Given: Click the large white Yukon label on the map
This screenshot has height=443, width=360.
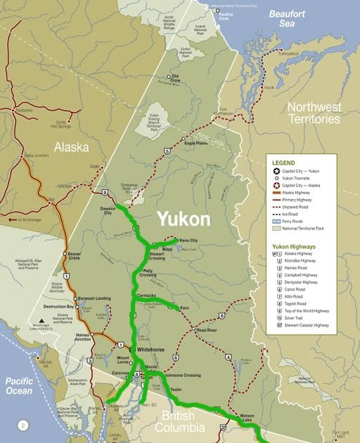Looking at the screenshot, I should tap(183, 219).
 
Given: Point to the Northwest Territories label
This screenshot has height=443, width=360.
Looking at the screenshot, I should tap(314, 113).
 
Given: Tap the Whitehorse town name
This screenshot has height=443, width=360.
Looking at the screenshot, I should tap(150, 349).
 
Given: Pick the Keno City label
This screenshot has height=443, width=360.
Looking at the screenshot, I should tap(188, 240).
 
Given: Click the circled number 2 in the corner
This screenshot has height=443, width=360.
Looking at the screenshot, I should tap(22, 425).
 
